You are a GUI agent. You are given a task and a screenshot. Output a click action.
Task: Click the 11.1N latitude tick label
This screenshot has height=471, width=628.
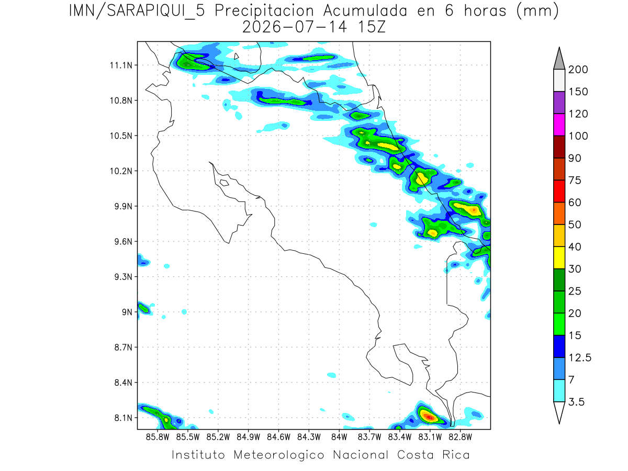tap(121, 65)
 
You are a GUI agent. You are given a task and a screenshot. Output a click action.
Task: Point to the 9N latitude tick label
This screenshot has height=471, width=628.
tap(127, 312)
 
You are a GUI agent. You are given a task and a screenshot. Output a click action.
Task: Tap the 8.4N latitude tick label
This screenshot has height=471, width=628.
tap(124, 383)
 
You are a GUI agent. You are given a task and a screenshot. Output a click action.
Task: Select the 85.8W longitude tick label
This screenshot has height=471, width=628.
tap(158, 438)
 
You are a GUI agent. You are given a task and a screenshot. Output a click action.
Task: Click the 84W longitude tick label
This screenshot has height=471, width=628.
tap(339, 438)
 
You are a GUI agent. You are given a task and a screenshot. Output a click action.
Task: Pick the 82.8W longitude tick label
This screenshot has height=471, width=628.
tap(460, 438)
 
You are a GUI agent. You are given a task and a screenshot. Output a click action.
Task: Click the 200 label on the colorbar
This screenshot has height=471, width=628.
tap(578, 70)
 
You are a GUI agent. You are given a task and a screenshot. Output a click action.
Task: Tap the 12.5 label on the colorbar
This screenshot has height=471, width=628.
tap(580, 358)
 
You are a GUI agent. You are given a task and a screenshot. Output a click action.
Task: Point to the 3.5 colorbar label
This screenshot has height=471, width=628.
tap(576, 402)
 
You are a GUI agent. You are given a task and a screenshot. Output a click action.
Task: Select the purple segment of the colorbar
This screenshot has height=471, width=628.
tap(559, 103)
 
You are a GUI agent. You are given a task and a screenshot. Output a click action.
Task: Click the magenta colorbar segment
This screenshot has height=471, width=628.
tap(559, 125)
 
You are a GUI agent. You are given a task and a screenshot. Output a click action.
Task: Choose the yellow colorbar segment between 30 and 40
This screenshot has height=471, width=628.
tap(559, 257)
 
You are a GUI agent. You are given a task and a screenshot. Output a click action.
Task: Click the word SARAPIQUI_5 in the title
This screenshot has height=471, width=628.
tap(156, 12)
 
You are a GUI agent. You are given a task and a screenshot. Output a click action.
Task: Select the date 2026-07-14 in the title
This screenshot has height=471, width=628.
tap(295, 27)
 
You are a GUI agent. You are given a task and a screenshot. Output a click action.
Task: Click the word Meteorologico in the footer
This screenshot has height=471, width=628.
tap(278, 455)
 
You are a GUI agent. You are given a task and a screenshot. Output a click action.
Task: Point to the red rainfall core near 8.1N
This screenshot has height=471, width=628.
tap(429, 417)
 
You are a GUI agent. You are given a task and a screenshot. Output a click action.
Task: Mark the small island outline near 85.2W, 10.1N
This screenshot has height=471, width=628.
tap(225, 183)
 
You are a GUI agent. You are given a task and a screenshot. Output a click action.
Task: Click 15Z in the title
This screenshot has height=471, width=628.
tap(372, 27)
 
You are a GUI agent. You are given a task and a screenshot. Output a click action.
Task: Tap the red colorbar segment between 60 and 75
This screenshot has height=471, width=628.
tap(559, 192)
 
